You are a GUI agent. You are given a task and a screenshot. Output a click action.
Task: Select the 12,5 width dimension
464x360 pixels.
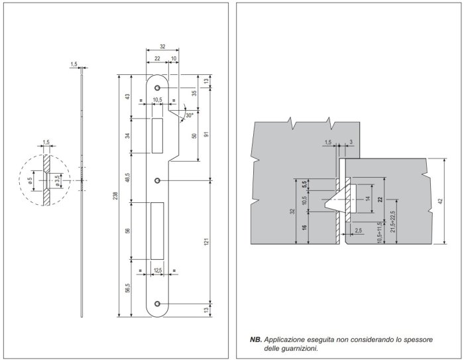click(157, 270)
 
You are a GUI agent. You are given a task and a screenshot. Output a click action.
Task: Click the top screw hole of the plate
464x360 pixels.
click(158, 88)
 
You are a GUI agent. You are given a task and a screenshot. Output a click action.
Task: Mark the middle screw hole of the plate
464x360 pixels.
click(158, 180)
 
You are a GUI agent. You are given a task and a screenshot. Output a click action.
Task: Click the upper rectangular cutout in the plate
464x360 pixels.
click(157, 135)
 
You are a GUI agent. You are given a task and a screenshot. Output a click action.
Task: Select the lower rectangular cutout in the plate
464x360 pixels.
click(157, 230)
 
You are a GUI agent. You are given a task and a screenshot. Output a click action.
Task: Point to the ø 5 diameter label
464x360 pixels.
click(30, 179)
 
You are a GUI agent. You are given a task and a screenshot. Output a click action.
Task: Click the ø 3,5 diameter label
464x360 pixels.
click(58, 179)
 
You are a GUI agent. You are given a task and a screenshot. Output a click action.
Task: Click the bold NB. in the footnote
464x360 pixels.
click(256, 339)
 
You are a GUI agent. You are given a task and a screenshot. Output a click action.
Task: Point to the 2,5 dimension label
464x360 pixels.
click(359, 230)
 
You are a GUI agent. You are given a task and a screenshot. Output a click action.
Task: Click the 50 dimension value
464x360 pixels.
click(194, 136)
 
